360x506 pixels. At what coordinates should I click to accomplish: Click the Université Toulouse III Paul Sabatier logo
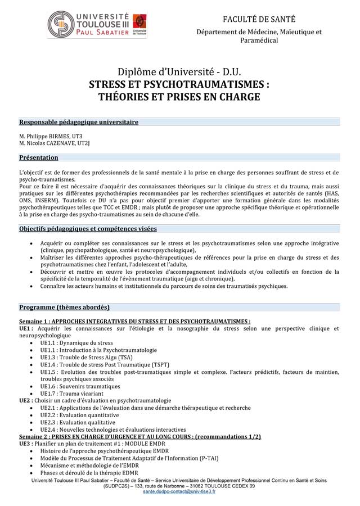click(96, 25)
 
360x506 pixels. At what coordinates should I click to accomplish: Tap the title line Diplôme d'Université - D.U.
click(179, 72)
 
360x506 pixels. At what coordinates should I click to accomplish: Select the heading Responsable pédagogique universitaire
click(78, 121)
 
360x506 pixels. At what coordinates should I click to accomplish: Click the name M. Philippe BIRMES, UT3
click(51, 136)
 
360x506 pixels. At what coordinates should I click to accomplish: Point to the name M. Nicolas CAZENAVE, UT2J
click(54, 143)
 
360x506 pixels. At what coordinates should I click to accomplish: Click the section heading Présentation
click(38, 157)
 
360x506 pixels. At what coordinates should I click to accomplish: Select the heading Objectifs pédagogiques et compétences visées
click(88, 229)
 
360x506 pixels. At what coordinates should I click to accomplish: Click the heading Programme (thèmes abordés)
click(64, 307)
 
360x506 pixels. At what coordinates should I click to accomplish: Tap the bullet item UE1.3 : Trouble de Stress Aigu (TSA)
click(86, 357)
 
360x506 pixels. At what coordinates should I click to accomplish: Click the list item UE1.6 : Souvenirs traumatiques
click(80, 386)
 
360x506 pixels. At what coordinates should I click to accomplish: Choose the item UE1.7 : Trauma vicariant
click(73, 394)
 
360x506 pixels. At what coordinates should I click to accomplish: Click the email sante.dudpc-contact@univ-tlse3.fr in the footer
click(179, 491)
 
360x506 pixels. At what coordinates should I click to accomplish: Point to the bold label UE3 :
click(26, 444)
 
